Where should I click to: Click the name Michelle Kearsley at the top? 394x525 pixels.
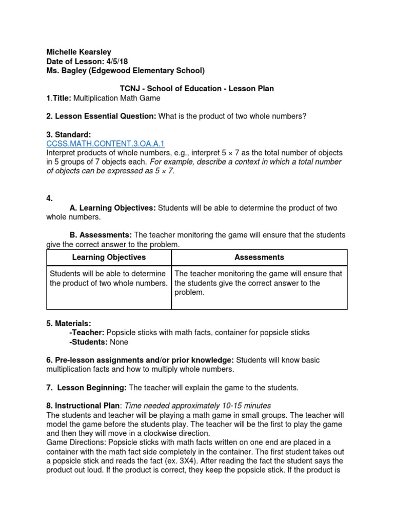click(78, 52)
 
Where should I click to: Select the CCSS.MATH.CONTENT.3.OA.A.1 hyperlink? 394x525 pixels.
click(105, 144)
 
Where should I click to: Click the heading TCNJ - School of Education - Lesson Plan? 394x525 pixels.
click(196, 88)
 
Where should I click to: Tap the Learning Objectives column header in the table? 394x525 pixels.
click(109, 257)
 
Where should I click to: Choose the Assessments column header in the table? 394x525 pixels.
click(259, 257)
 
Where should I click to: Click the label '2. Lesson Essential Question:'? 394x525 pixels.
click(101, 116)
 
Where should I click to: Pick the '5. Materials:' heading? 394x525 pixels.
click(69, 324)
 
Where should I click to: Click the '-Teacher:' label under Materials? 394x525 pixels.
click(87, 333)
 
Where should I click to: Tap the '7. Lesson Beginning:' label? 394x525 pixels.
click(86, 387)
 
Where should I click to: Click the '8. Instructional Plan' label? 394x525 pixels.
click(84, 406)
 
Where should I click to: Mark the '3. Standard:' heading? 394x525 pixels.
click(68, 135)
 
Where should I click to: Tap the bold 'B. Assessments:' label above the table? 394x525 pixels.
click(101, 235)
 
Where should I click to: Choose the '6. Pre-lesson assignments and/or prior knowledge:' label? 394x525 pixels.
click(140, 360)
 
